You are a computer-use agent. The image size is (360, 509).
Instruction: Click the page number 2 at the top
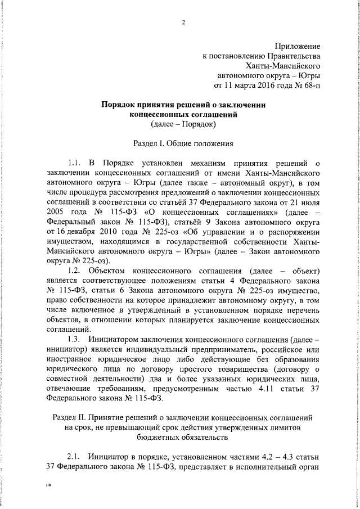point(183,22)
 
